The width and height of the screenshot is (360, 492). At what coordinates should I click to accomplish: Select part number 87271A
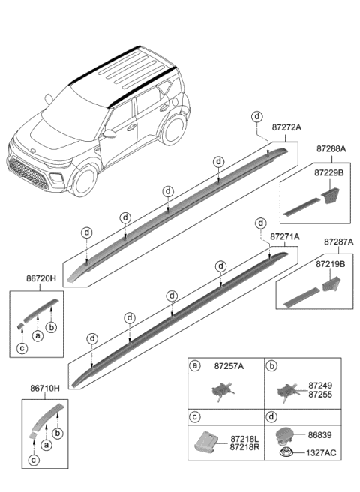pos(284,236)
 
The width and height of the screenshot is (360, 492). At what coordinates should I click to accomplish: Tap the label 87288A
pos(331,149)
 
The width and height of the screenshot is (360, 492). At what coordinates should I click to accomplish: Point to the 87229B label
pos(329,172)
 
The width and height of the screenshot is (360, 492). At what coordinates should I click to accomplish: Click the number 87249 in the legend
pos(319,384)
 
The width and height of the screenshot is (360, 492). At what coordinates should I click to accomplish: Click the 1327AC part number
pos(322,451)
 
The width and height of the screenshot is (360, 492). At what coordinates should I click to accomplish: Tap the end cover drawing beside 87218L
pos(209,442)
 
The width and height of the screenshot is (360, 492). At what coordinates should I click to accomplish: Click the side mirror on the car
pos(110,134)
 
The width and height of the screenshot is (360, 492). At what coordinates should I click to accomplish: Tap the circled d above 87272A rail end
pos(257,116)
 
